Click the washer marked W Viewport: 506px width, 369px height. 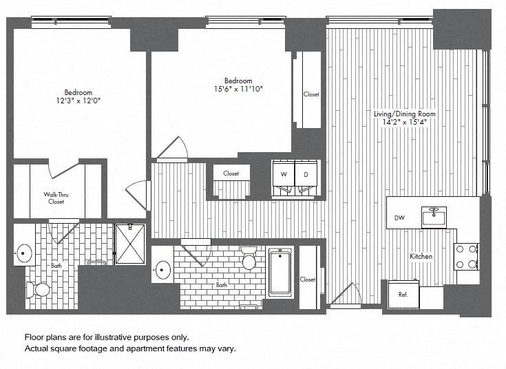[284, 178]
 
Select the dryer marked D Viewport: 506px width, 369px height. [306, 178]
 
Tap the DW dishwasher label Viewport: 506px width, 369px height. [399, 218]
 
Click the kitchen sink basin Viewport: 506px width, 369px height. [434, 218]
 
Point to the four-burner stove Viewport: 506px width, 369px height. [466, 257]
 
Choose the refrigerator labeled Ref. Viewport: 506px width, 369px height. [403, 294]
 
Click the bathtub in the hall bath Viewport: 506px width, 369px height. [280, 272]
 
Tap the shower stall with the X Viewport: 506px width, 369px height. [130, 244]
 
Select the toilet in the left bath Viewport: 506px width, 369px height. [38, 290]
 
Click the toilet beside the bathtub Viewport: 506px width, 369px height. [249, 257]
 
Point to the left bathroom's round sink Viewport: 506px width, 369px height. [24, 253]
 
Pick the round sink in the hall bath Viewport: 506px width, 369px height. [163, 270]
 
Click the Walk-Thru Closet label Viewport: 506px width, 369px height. [56, 198]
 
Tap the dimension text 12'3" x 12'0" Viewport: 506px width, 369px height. [78, 101]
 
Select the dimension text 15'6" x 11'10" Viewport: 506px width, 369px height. [239, 89]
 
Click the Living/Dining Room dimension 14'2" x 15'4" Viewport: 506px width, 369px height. [405, 122]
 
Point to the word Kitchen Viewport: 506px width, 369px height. [421, 256]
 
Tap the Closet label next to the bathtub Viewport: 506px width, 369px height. [307, 280]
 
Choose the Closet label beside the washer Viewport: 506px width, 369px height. [231, 173]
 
